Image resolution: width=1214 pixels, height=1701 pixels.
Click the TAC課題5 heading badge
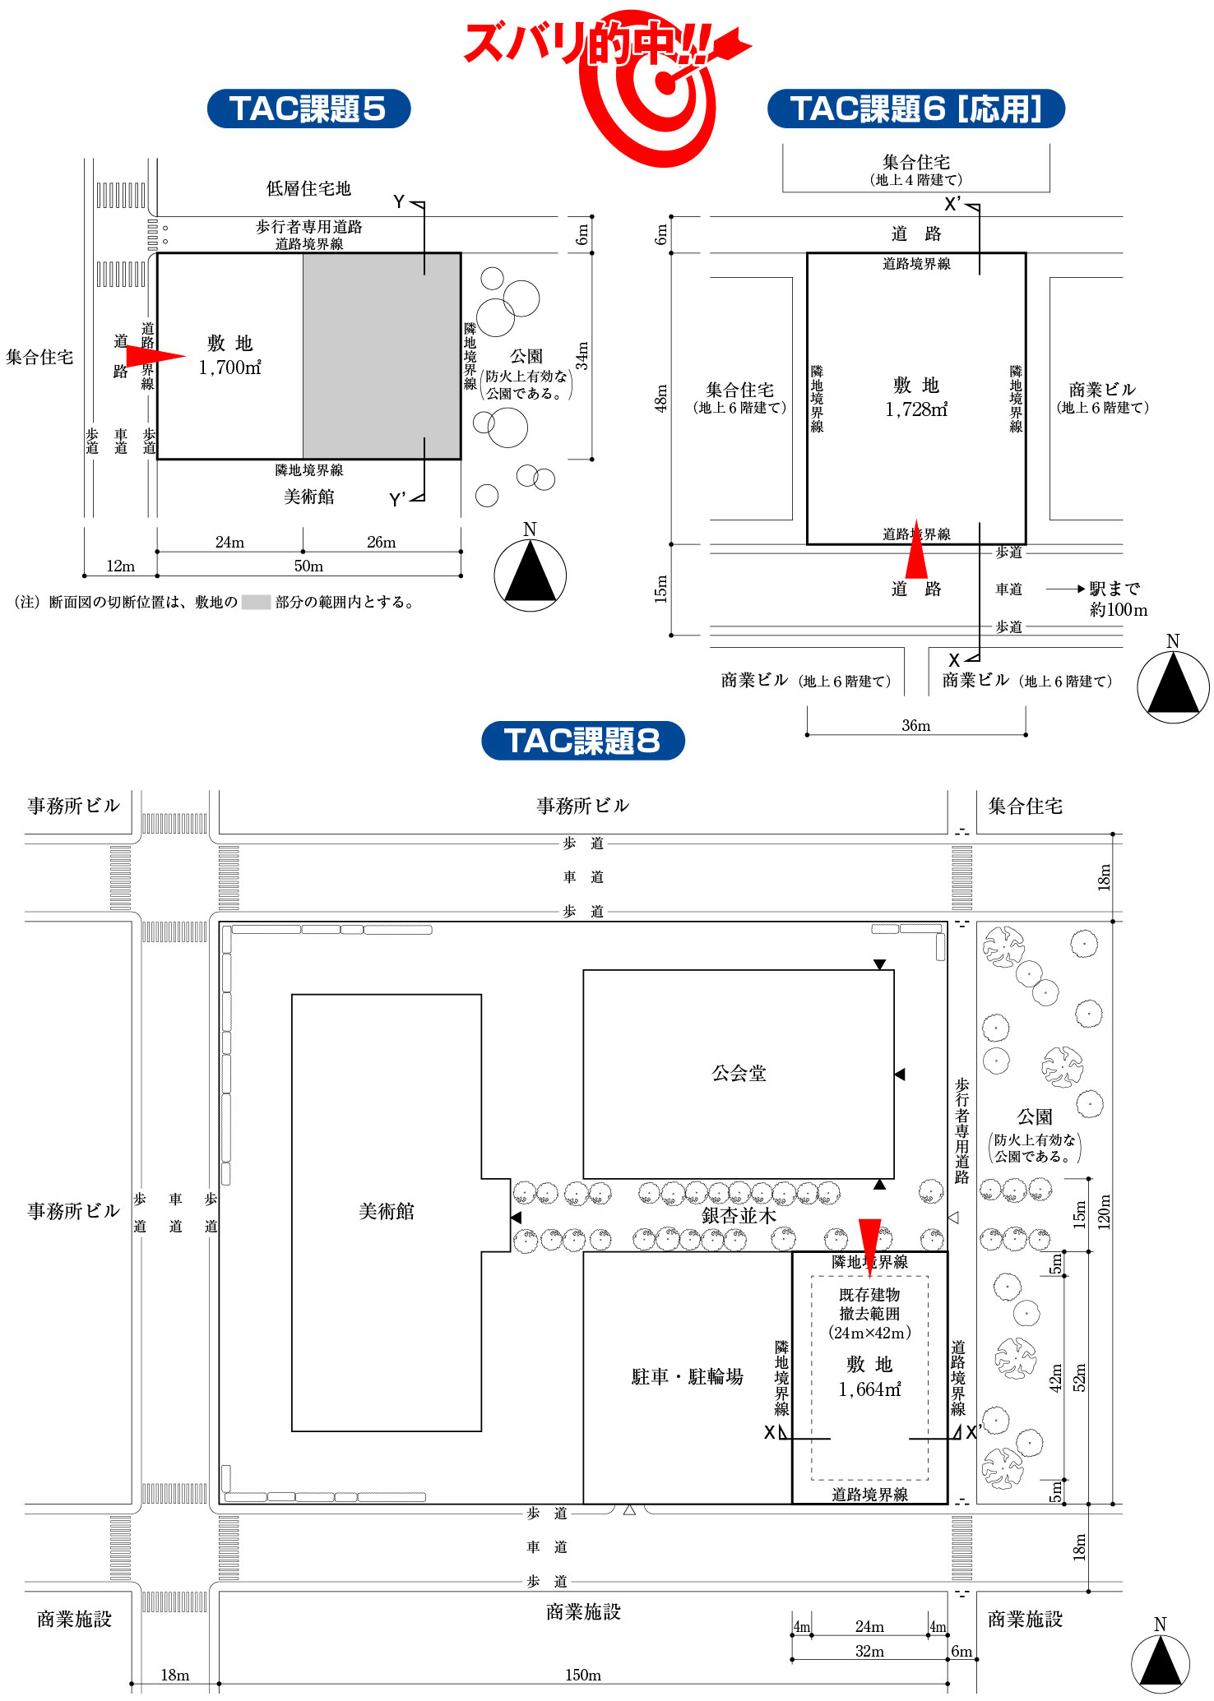308,109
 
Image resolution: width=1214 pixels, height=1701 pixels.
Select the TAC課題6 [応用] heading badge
915,109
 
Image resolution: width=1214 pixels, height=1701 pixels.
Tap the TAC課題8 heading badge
582,740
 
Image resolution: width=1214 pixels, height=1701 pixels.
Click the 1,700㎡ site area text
229,367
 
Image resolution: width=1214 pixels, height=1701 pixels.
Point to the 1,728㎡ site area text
916,409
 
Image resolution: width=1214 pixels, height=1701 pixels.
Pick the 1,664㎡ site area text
869,1389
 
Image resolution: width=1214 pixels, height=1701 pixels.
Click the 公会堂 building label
739,1073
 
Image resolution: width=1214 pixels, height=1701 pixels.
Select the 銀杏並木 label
739,1215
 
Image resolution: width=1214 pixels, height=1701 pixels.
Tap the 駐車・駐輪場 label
687,1376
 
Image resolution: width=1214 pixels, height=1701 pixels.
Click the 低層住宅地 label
308,188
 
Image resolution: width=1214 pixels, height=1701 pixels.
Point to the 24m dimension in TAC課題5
229,542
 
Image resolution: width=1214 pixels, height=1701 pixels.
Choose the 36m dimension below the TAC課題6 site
915,725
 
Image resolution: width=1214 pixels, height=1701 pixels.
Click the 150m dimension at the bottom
582,1675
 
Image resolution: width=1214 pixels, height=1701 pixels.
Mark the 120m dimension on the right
1104,1210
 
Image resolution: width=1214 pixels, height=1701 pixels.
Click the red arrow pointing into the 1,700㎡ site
156,356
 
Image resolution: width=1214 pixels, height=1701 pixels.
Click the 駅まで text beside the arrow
1114,589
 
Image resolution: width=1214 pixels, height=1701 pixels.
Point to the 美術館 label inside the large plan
386,1211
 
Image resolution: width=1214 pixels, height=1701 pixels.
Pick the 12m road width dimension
120,566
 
